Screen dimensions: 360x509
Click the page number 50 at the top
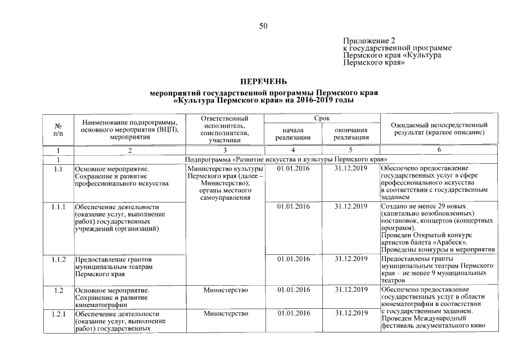pos(263,26)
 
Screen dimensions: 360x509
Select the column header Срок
pos(322,119)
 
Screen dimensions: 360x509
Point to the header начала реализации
pos(294,133)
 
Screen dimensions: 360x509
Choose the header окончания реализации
pos(351,133)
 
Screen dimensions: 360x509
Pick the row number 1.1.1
pos(58,206)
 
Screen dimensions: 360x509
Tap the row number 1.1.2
pos(58,259)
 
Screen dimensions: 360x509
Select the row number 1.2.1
pos(58,313)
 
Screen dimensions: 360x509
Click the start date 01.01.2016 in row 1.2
pos(294,290)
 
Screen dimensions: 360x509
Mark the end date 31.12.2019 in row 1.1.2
pos(351,259)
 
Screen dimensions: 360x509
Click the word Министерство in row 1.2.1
pos(226,313)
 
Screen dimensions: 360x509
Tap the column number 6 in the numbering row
pos(439,151)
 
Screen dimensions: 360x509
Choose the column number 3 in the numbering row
pos(226,151)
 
